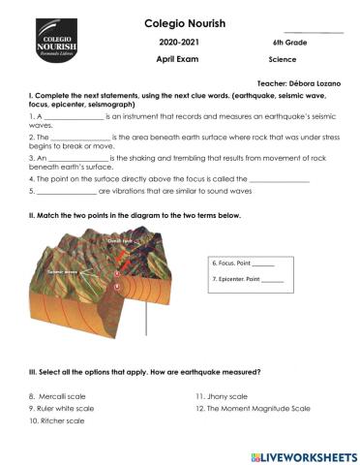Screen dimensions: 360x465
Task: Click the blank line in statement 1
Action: coord(74,115)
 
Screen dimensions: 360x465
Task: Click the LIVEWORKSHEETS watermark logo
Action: coord(302,454)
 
